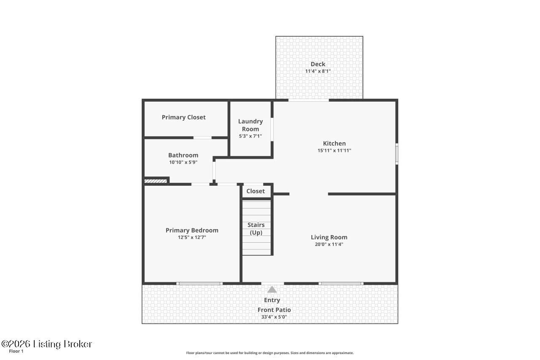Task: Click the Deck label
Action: [318, 64]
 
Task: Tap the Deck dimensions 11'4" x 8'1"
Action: [318, 71]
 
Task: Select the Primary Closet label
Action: [184, 117]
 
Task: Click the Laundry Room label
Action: [250, 125]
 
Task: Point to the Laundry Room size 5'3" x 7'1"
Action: [250, 136]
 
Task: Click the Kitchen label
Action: [334, 143]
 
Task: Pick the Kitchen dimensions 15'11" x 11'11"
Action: [334, 150]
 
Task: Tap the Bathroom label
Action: [183, 155]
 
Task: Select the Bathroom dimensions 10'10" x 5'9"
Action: [183, 162]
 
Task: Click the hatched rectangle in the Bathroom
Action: [156, 181]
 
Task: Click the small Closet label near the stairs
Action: [255, 191]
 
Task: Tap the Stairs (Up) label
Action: [256, 229]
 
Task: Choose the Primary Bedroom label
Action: [192, 230]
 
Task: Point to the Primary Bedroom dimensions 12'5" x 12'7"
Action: [192, 237]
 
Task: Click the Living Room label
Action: [329, 237]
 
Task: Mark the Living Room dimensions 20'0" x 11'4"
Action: [329, 244]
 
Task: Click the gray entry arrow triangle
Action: [272, 290]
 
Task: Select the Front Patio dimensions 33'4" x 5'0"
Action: [274, 317]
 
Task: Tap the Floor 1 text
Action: [16, 351]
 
